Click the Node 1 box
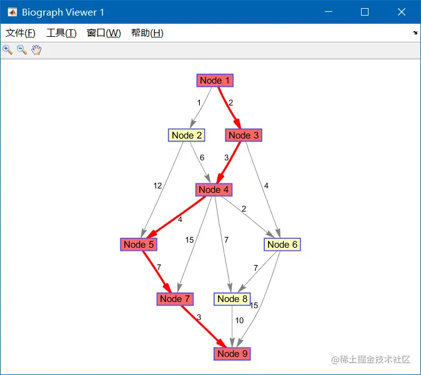pos(215,80)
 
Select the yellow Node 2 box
pos(187,135)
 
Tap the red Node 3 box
pos(243,135)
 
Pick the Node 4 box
pos(214,190)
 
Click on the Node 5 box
pos(139,245)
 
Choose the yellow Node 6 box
pos(282,245)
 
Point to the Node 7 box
pos(175,299)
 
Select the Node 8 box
pos(232,299)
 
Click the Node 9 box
pos(232,354)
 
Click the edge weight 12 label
pos(157,186)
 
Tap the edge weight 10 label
pos(239,321)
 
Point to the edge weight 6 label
pos(202,158)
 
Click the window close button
pos(402,12)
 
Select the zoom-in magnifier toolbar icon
pos(7,50)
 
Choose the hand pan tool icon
pos(36,50)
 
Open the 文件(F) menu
pos(20,33)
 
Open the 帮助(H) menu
pos(147,33)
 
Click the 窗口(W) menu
pos(104,33)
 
